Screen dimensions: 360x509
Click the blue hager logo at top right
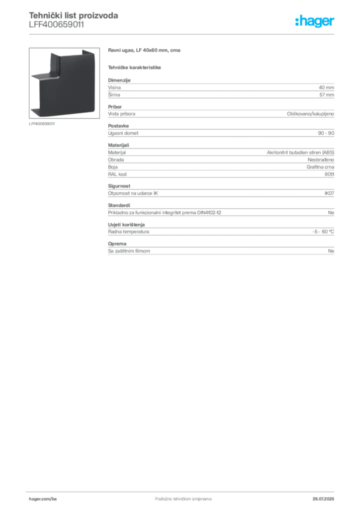tap(316, 21)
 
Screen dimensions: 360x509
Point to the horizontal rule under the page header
tap(183, 34)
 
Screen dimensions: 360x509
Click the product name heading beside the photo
tap(145, 51)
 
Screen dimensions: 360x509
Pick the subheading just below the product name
tap(135, 67)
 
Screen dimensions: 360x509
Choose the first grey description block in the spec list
tap(220, 89)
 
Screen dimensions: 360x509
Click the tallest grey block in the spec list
tap(220, 159)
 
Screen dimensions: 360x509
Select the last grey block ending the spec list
tap(220, 251)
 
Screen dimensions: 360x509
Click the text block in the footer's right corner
tap(327, 496)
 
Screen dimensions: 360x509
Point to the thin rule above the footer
tap(183, 489)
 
